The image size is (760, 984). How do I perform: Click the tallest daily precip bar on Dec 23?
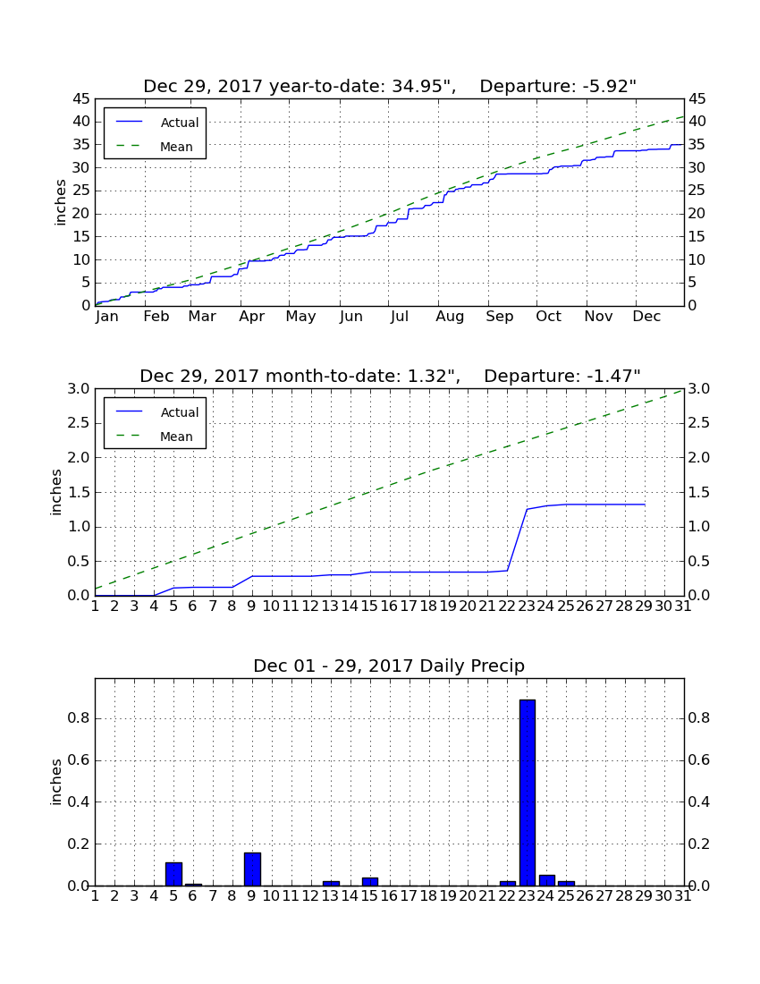[x=528, y=793]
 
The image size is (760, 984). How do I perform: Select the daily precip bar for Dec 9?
[x=252, y=869]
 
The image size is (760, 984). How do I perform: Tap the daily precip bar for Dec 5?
[x=173, y=874]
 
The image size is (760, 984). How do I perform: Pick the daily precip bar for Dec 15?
[x=370, y=882]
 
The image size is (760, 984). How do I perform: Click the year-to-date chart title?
[x=390, y=86]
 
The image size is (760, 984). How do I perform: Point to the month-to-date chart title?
[x=390, y=376]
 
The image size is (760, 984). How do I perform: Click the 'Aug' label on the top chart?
[x=451, y=317]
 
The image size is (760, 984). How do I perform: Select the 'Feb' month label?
[x=156, y=317]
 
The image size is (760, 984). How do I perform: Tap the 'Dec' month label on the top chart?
[x=646, y=317]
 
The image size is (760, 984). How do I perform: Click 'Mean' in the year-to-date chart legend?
[x=176, y=147]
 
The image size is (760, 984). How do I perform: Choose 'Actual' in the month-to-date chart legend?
[x=180, y=412]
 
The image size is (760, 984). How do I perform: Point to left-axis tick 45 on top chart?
[x=82, y=99]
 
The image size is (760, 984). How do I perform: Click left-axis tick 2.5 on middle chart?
[x=79, y=423]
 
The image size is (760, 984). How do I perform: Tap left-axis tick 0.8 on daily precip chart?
[x=79, y=718]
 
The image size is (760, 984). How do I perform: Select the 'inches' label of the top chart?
[x=60, y=203]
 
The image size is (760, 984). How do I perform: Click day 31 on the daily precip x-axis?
[x=683, y=896]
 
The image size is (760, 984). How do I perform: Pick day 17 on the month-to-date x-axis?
[x=409, y=607]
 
